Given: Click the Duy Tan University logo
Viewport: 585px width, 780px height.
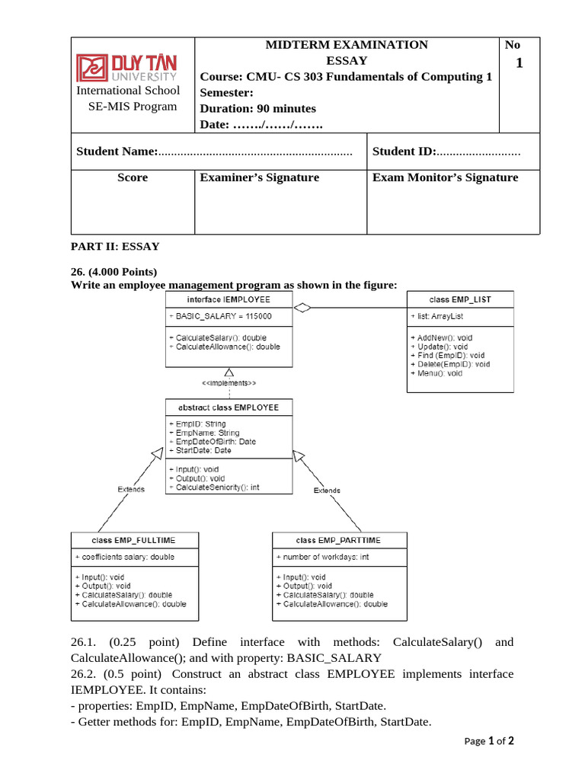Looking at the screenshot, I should (126, 67).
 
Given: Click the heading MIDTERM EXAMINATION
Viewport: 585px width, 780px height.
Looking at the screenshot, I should (347, 45).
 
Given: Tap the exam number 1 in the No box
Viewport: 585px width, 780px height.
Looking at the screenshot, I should (519, 63).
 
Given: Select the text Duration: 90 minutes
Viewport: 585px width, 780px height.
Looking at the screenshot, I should (257, 108).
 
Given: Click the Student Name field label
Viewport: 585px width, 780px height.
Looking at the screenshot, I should (117, 152).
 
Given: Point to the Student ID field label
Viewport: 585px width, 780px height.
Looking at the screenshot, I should (404, 152).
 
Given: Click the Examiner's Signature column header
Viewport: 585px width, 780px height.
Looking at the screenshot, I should (259, 177).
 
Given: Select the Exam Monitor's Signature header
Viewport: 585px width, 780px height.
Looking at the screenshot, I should (445, 177).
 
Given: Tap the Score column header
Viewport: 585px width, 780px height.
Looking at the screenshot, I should (133, 177).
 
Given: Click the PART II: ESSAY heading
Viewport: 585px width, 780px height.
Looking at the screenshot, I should (115, 246).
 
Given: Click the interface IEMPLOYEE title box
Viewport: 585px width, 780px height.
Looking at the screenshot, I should (229, 299).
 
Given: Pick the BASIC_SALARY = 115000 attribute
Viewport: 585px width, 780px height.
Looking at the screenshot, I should (219, 316).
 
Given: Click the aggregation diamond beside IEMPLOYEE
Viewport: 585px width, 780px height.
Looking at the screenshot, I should (303, 308).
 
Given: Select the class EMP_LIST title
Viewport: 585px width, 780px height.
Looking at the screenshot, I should (460, 299).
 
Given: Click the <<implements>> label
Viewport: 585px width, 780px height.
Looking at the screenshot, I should (229, 382).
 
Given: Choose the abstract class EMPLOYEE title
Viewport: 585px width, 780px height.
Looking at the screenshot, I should (229, 408).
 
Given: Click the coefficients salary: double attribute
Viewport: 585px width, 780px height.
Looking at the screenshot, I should (124, 557).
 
